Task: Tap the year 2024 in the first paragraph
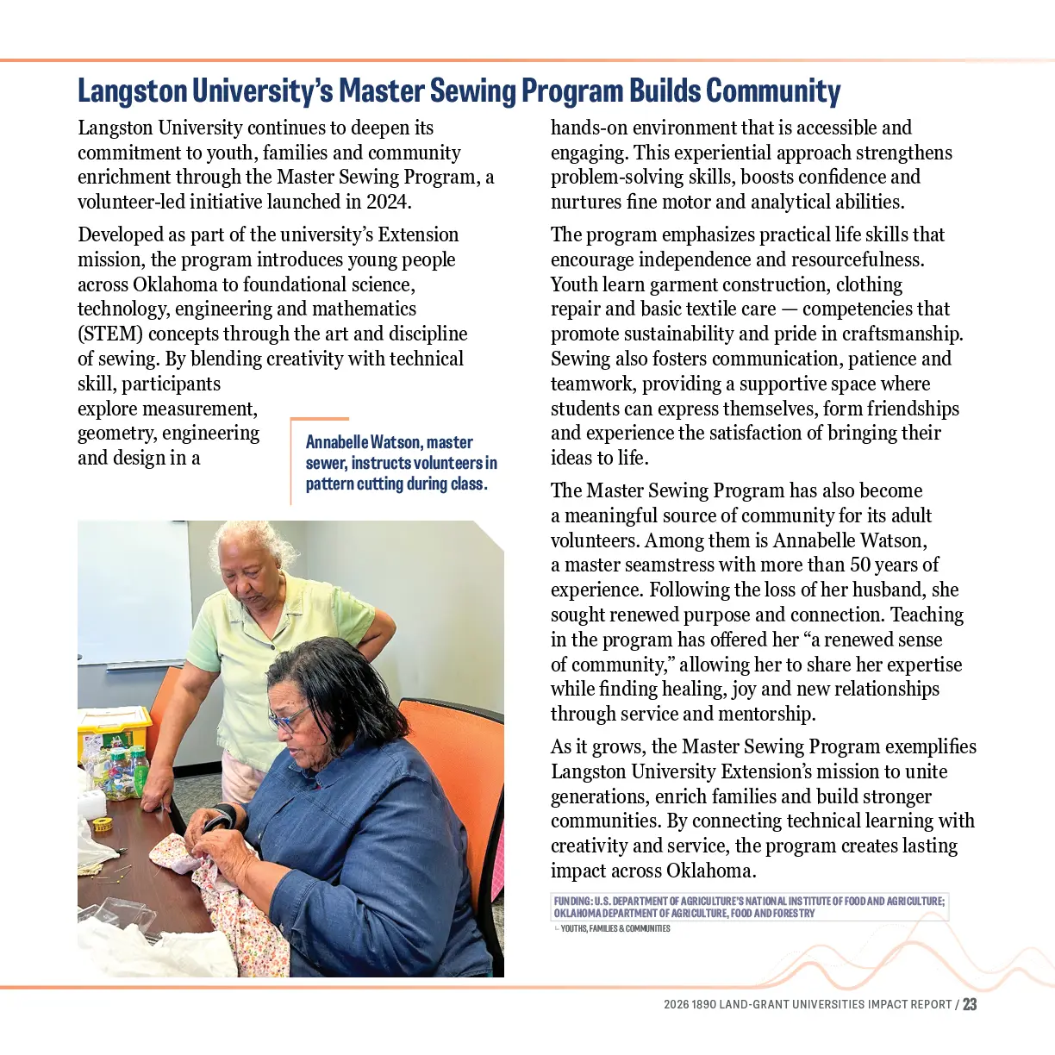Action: point(389,202)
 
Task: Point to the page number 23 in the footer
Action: point(970,1004)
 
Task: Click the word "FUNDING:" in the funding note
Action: point(573,902)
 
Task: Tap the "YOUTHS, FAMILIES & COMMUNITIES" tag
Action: point(615,928)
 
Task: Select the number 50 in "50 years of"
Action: point(861,565)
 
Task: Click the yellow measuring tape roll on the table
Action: point(103,824)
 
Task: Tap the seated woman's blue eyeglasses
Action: point(290,718)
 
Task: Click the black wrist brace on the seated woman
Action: point(228,818)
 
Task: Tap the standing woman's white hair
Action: point(252,540)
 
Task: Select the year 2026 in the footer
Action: point(676,1004)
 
